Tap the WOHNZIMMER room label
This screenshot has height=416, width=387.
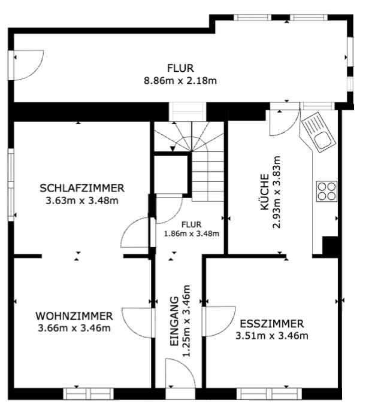[x=74, y=315]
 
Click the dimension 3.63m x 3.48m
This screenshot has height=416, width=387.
[x=82, y=200]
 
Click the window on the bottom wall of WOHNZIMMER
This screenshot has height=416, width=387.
[x=89, y=393]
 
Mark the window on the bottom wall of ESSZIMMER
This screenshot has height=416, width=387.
[x=263, y=393]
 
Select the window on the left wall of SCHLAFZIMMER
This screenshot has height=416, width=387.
[x=11, y=185]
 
